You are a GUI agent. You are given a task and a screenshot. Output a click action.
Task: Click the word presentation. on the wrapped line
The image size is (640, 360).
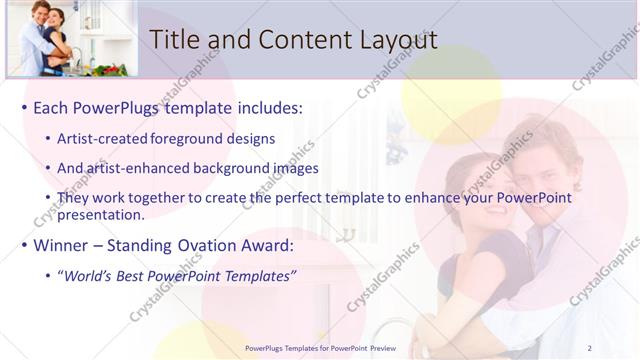[x=101, y=214]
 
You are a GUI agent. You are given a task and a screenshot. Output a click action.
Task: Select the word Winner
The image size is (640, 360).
[x=66, y=244]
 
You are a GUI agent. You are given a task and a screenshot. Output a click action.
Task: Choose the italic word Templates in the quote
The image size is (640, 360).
[x=259, y=275]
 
